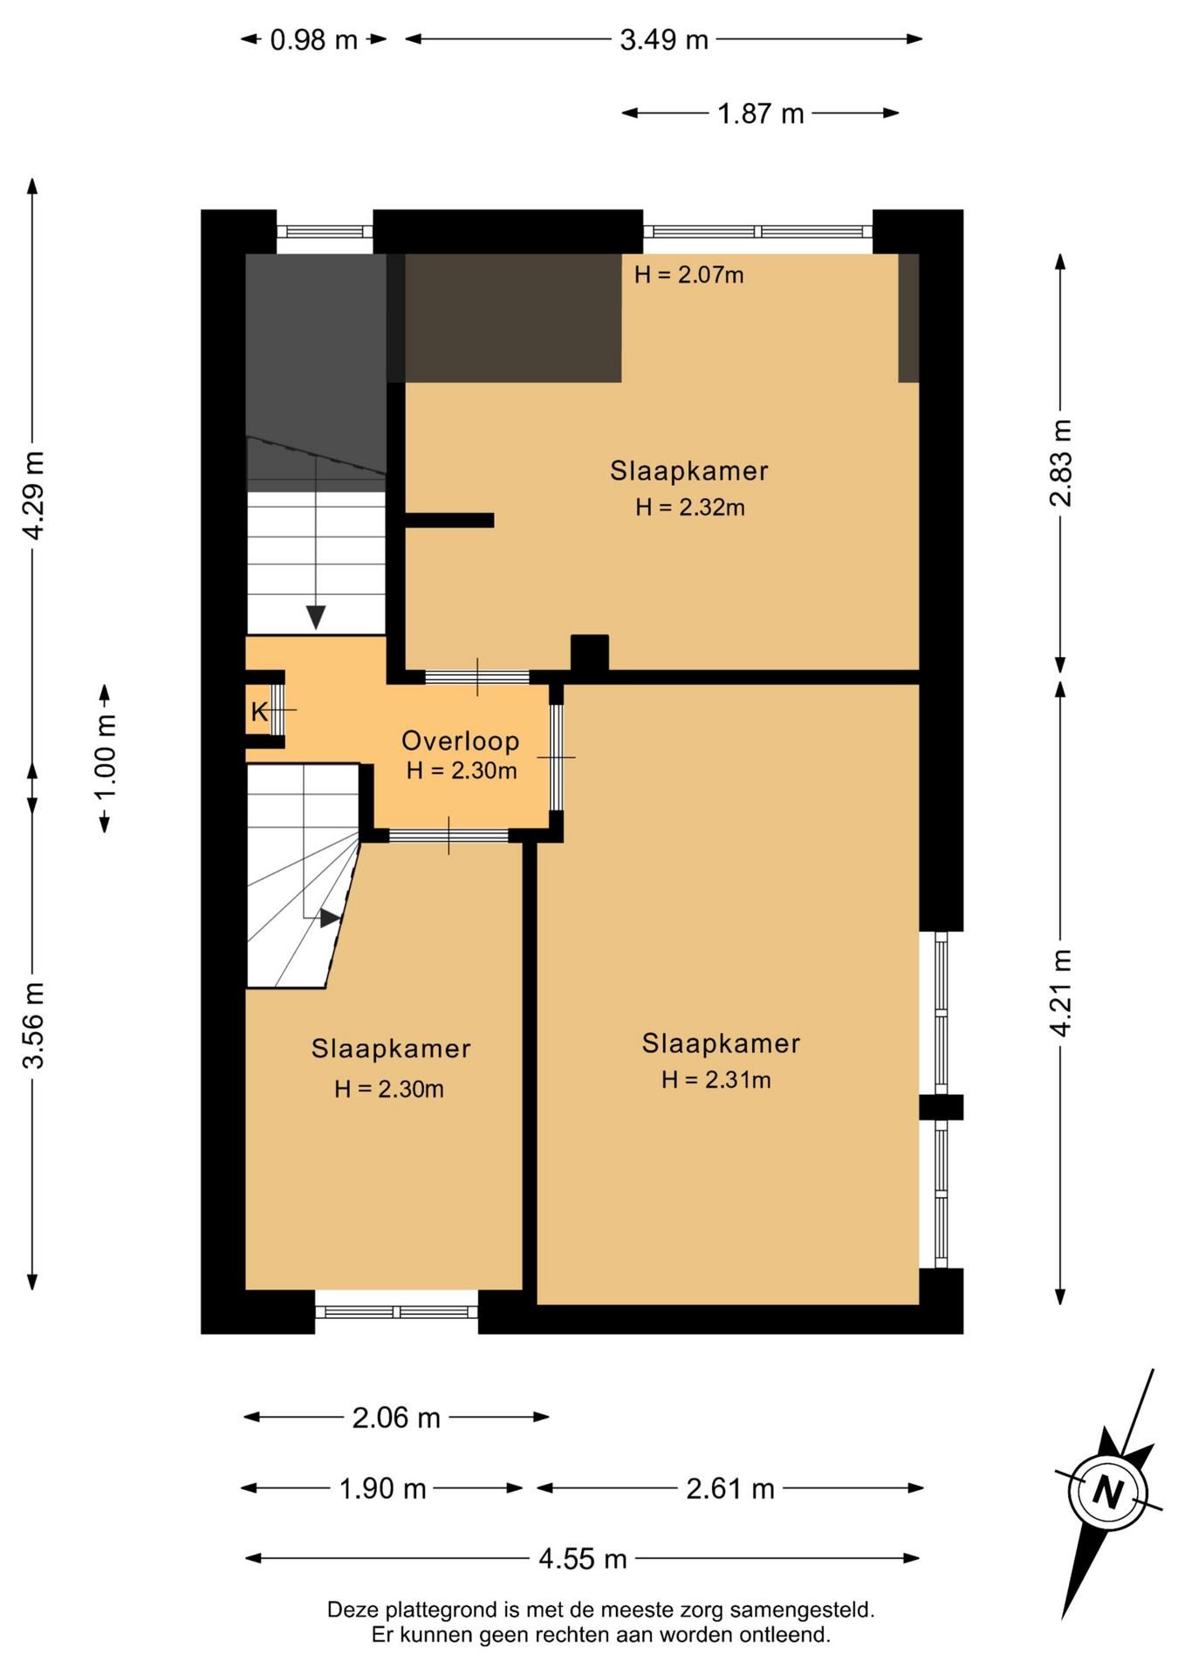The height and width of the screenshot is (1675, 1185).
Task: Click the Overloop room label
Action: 460,741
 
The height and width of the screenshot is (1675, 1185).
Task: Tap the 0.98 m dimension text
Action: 314,40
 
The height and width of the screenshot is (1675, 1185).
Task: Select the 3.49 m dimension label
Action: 664,40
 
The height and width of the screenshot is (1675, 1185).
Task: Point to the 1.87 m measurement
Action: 760,113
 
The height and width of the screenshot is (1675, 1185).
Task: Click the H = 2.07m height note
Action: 688,275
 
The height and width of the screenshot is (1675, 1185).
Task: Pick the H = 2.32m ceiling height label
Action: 689,507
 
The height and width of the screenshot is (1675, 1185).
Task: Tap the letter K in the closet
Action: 259,712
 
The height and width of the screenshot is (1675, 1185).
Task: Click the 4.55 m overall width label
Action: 583,1558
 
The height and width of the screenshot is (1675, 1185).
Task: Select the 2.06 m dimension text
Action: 396,1418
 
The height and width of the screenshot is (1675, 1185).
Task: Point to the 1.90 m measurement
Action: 382,1487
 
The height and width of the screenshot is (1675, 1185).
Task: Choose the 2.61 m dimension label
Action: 730,1487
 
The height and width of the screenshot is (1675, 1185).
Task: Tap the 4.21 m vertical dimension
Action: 1060,993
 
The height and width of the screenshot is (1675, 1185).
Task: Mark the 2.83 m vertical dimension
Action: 1060,463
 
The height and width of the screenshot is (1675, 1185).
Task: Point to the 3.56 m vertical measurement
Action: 33,1025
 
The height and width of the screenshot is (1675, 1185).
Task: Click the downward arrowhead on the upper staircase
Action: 316,618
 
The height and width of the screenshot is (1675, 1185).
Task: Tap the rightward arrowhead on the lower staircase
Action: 330,918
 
